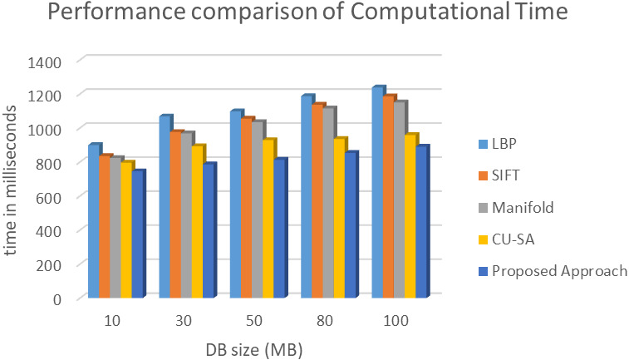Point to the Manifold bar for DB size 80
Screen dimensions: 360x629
tap(328, 203)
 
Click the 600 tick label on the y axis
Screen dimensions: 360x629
tap(50, 197)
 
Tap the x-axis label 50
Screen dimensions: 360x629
tap(257, 321)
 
